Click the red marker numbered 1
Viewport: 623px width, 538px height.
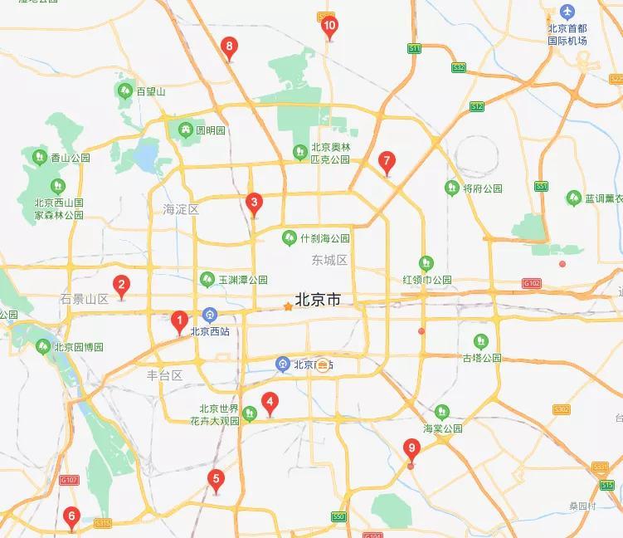pos(178,320)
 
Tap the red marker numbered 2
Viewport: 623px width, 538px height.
pos(121,286)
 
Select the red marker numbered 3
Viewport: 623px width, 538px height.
pos(254,202)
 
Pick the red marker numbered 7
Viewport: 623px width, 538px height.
pos(386,162)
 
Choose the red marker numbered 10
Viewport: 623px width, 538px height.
pos(329,27)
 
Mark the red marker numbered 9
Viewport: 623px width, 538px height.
pos(411,449)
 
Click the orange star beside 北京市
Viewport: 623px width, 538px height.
pos(288,306)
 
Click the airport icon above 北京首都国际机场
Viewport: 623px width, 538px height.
pos(567,12)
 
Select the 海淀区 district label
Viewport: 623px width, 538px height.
pos(181,209)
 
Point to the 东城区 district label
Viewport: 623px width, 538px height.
pos(329,260)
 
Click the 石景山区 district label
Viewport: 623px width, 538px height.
pos(85,299)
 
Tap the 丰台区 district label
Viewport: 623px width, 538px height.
pos(164,375)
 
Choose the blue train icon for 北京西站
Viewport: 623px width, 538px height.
pos(210,315)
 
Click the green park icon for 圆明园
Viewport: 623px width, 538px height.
pos(184,130)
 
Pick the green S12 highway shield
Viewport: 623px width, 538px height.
pos(476,106)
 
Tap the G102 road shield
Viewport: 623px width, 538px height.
pos(532,283)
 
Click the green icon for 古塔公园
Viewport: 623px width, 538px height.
pos(481,340)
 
